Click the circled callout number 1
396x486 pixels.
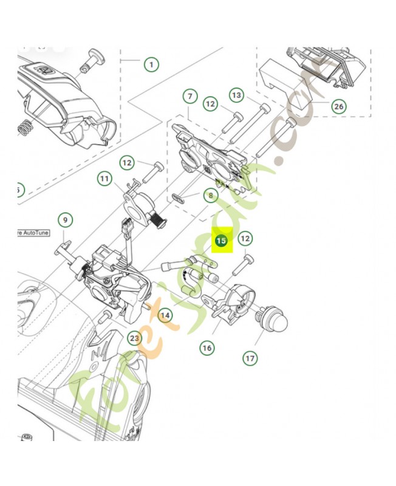coord(150,64)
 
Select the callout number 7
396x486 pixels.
coord(189,97)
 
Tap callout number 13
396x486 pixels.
coord(236,95)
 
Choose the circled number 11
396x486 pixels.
coord(105,179)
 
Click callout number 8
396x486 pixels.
coord(211,196)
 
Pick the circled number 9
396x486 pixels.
coord(65,219)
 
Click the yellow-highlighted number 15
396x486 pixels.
coord(221,241)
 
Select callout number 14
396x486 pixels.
coord(165,315)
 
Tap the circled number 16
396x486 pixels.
coord(207,347)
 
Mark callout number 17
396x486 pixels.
coord(250,358)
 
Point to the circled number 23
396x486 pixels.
coord(134,338)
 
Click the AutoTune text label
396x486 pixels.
coord(33,233)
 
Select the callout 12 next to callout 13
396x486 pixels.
coord(210,104)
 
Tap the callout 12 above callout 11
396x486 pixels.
coord(126,163)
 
